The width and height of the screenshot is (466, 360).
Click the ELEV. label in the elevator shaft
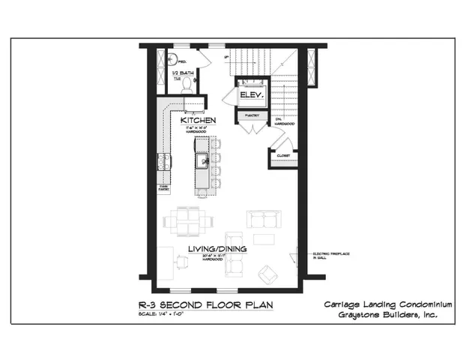coord(249,96)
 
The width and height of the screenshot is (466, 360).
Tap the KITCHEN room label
coord(199,120)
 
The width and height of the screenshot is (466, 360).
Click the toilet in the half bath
coord(187,85)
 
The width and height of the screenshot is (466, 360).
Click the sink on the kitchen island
coord(202,160)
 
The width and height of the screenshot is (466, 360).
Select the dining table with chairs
coord(185,220)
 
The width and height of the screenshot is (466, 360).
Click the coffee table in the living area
coord(264,239)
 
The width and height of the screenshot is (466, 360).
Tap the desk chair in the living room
coord(182,259)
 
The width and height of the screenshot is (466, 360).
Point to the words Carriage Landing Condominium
coord(388,304)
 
